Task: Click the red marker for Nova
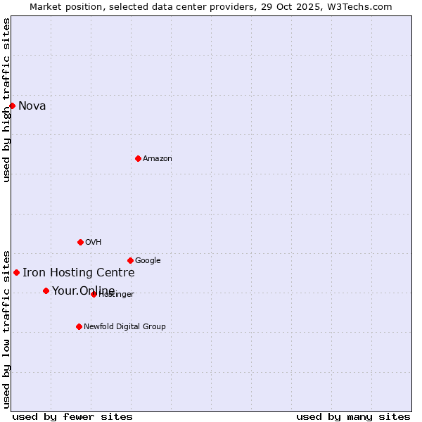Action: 12,105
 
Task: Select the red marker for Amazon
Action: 138,158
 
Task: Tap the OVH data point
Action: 80,242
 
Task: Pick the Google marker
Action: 130,260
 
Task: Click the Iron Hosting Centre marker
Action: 16,272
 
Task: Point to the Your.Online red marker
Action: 46,290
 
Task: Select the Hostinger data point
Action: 94,294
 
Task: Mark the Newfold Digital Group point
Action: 79,326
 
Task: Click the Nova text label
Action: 32,106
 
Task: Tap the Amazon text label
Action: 158,159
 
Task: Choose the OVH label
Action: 94,243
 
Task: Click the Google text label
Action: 148,261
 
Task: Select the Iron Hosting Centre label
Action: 79,273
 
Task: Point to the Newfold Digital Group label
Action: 124,327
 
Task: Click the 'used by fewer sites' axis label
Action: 72,417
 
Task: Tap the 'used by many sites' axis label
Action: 353,417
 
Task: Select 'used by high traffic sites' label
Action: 7,100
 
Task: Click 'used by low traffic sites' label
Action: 7,328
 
